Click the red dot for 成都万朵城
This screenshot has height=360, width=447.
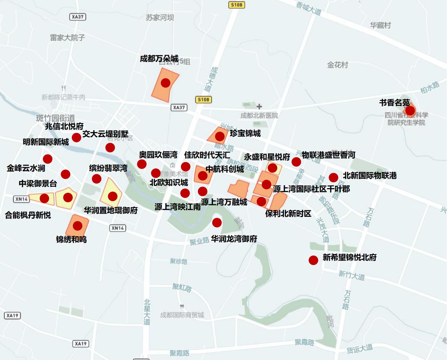[x=165, y=83]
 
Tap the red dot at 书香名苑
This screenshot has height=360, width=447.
[x=410, y=111]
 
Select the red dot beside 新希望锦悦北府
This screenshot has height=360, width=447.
[x=313, y=260]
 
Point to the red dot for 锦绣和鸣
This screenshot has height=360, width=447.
[x=77, y=226]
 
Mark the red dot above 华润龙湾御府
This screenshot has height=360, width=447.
[x=217, y=223]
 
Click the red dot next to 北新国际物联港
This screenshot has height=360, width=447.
[x=333, y=177]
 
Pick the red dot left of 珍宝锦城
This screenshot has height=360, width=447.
[x=220, y=137]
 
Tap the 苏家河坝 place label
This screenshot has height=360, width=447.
[x=160, y=18]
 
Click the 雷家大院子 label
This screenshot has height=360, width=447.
[x=67, y=37]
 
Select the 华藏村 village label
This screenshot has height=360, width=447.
[x=380, y=25]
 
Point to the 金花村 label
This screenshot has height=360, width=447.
[x=337, y=65]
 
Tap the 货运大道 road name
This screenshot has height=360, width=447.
[x=360, y=349]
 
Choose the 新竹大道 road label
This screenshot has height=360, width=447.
[x=351, y=275]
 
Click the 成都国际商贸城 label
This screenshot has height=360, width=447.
[x=182, y=315]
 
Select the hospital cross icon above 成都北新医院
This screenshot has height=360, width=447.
[x=259, y=106]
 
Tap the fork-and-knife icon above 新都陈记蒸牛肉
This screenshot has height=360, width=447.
[x=64, y=88]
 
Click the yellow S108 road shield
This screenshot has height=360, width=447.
[x=237, y=5]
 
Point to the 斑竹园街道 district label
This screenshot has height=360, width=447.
[x=55, y=118]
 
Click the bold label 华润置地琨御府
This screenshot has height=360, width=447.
[x=111, y=210]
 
